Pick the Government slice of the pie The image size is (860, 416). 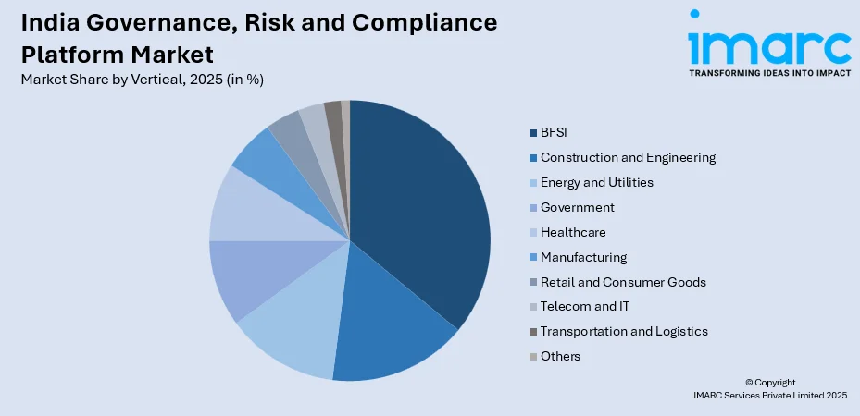pyautogui.click(x=250, y=277)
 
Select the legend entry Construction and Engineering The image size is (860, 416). pyautogui.click(x=628, y=157)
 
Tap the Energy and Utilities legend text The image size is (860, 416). pyautogui.click(x=596, y=182)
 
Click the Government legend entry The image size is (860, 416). pyautogui.click(x=577, y=207)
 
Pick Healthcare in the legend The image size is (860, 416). pyautogui.click(x=573, y=232)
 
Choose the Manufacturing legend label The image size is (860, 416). pyautogui.click(x=583, y=257)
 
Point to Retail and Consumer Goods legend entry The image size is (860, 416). pyautogui.click(x=623, y=282)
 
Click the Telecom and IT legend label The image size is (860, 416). pyautogui.click(x=585, y=307)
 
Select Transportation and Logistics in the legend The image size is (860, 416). pyautogui.click(x=624, y=331)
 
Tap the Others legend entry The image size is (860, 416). pyautogui.click(x=561, y=356)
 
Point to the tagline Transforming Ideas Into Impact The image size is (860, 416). pyautogui.click(x=769, y=72)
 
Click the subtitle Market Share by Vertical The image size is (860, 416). pyautogui.click(x=142, y=80)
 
